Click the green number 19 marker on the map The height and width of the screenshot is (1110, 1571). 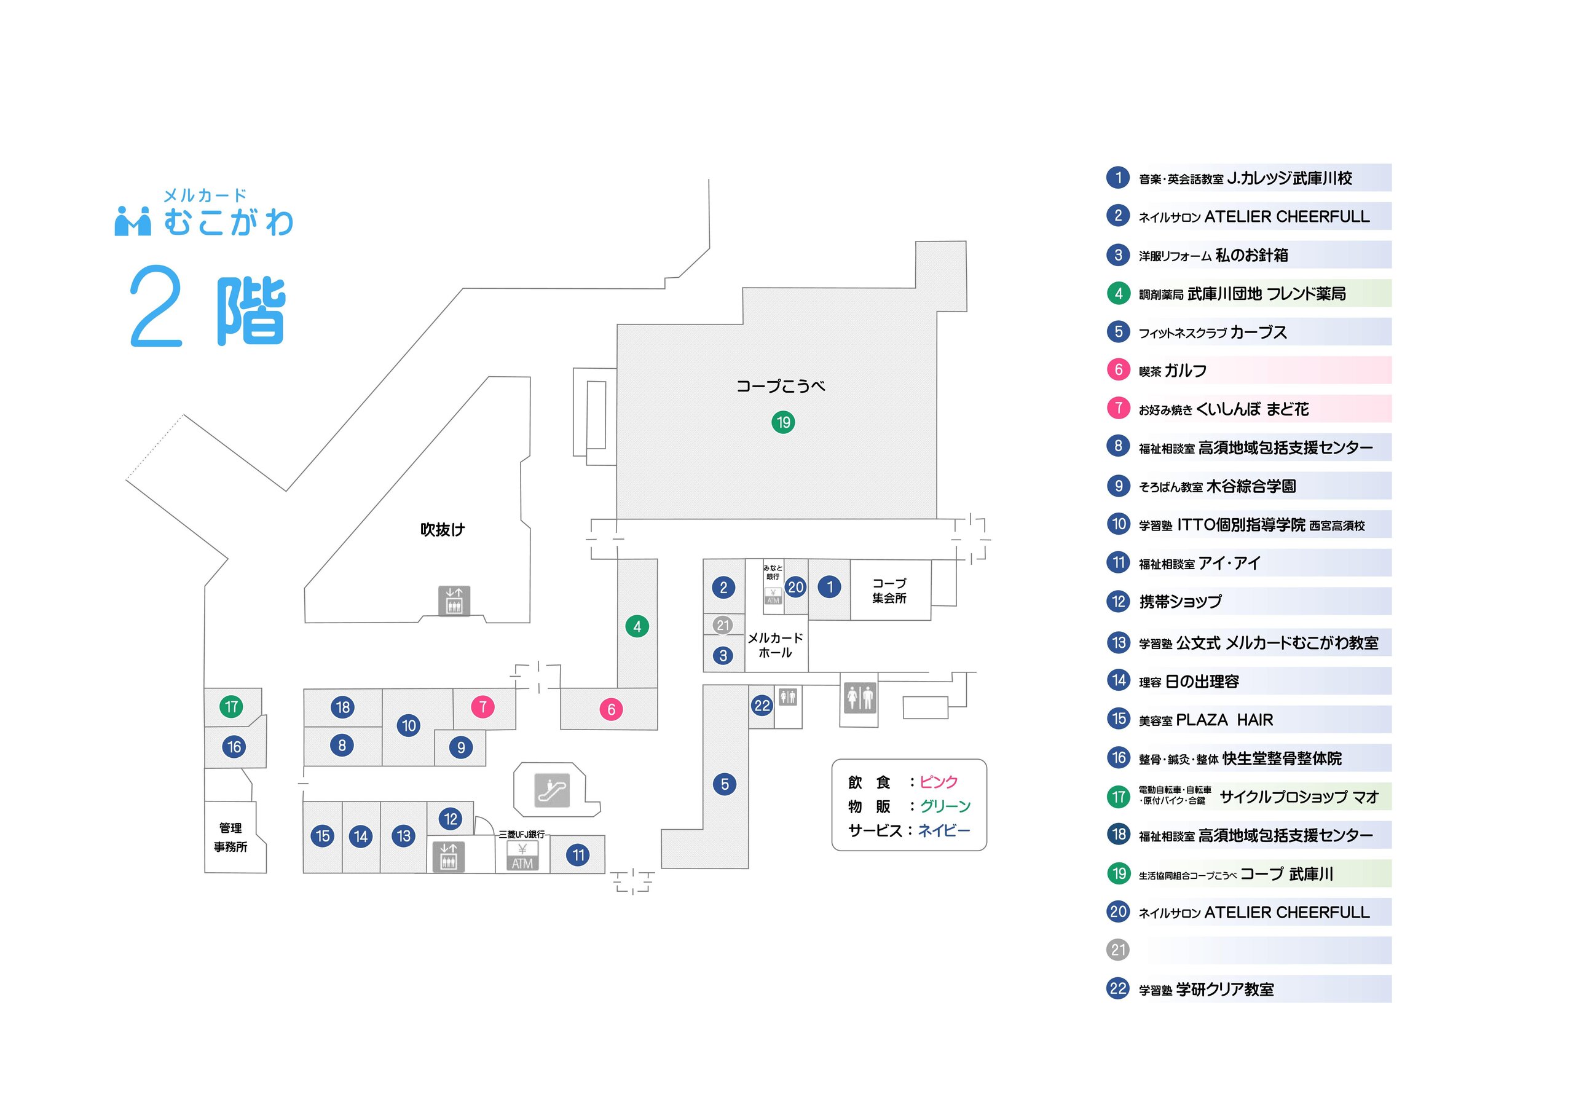click(783, 422)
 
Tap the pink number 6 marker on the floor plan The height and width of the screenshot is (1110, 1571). click(611, 710)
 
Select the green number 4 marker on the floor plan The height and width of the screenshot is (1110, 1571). click(637, 626)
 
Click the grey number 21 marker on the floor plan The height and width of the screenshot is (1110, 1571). click(723, 625)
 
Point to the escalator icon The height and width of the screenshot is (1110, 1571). click(551, 790)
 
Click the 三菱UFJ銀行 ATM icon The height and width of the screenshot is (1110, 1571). click(522, 856)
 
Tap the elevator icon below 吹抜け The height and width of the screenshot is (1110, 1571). click(454, 601)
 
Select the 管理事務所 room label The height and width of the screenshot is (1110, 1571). click(230, 837)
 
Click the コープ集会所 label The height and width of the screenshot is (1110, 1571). click(889, 591)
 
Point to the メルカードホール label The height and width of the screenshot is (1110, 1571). click(774, 645)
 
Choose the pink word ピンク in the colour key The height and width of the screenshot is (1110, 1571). click(938, 782)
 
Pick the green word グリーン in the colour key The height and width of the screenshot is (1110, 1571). click(945, 806)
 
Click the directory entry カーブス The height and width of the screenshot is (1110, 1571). click(1258, 333)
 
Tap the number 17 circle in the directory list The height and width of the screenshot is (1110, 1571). click(1118, 797)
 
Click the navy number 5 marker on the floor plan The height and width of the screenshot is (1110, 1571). click(725, 784)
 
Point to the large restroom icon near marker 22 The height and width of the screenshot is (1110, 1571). click(859, 698)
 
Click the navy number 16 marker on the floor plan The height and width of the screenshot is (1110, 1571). click(234, 747)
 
